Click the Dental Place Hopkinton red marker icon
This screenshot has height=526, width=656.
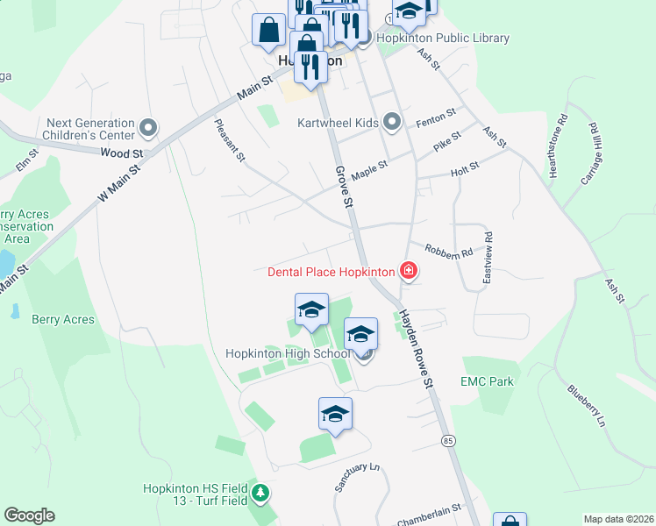point(408,271)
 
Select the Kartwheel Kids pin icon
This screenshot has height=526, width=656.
point(391,122)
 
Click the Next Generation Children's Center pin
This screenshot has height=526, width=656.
point(148,129)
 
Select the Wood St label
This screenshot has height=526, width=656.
point(115,153)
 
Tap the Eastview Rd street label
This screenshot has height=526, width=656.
point(488,257)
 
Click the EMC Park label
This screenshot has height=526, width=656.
point(487,381)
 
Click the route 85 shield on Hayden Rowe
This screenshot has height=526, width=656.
point(448,439)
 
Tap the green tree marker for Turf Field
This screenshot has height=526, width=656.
point(260,494)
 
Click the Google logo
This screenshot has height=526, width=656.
point(29,515)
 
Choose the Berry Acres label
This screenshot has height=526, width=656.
point(62,320)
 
